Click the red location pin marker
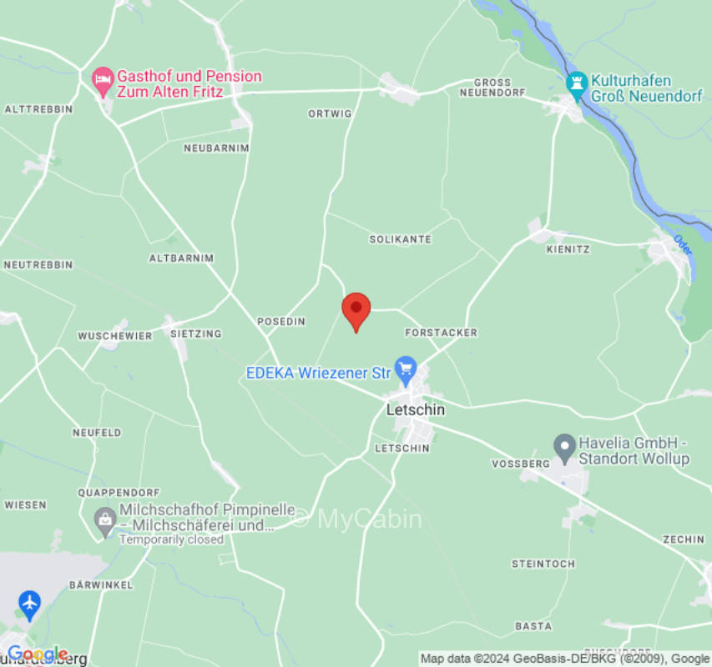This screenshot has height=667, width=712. click(356, 310)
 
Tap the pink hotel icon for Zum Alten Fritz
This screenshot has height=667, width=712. click(102, 80)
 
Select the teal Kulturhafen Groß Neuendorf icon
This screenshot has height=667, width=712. click(576, 83)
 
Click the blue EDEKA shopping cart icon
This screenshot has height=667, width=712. click(406, 369)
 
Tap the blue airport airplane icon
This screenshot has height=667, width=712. click(29, 602)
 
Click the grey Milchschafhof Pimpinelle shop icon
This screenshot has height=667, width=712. click(105, 521)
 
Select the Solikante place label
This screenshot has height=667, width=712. click(401, 239)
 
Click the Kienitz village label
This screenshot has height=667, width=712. click(568, 249)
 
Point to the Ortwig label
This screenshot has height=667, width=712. click(330, 113)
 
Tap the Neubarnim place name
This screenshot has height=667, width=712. click(216, 148)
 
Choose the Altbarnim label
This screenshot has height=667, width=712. click(181, 258)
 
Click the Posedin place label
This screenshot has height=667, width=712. click(281, 321)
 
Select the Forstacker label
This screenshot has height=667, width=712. click(441, 333)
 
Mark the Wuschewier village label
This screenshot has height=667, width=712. click(115, 336)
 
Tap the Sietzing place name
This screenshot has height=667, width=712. click(195, 333)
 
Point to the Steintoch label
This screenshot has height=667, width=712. click(543, 564)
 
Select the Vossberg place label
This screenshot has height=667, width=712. click(521, 464)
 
